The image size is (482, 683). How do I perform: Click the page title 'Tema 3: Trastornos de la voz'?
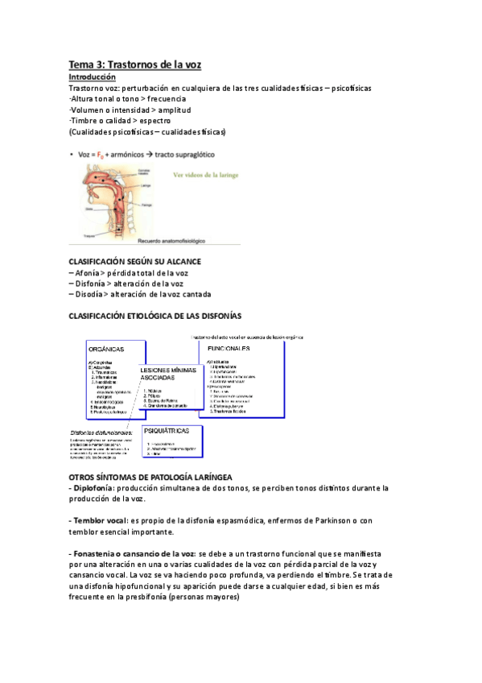[134, 64]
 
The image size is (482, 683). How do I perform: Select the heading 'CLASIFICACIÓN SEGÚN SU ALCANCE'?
[134, 262]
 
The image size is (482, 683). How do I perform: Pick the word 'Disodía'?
[90, 295]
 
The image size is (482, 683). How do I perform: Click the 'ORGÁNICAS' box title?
[106, 350]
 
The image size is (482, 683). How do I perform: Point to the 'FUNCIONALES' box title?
[229, 348]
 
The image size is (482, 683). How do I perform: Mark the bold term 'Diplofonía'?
[93, 487]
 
